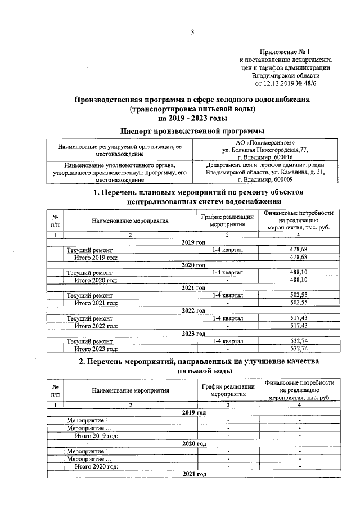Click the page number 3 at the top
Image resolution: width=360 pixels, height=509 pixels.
[192, 31]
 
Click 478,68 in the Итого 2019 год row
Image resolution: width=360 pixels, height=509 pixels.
[300, 257]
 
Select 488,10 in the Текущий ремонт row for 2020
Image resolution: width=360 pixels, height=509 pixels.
[300, 272]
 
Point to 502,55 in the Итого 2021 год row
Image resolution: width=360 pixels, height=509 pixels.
[300, 302]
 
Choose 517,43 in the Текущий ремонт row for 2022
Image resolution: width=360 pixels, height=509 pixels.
[300, 318]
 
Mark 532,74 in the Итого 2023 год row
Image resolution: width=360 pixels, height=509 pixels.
[300, 348]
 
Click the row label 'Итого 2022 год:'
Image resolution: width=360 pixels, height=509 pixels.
[96, 325]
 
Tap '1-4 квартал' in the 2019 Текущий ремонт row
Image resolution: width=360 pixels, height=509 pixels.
[227, 249]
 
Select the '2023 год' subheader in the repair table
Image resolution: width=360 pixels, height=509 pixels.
[193, 333]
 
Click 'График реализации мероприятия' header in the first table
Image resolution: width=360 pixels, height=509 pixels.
[227, 220]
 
